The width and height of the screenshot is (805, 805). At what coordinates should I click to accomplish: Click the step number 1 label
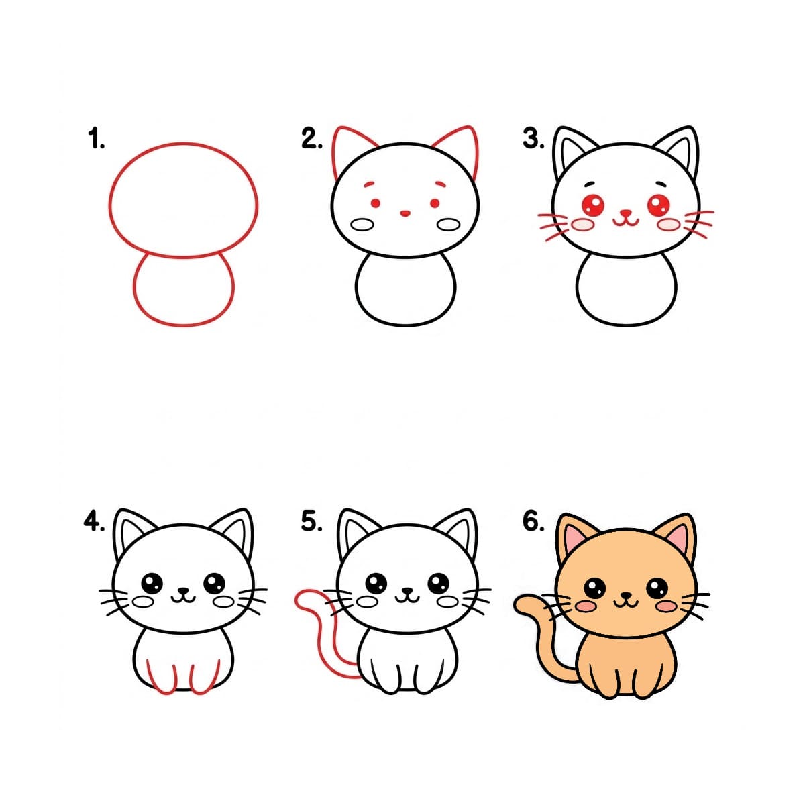tap(96, 140)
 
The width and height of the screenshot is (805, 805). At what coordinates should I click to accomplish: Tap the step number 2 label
tap(312, 139)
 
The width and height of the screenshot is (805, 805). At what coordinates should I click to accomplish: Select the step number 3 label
tap(533, 139)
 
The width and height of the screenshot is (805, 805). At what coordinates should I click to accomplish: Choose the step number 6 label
tap(533, 521)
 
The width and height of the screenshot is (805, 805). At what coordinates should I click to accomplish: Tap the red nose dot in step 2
tap(405, 214)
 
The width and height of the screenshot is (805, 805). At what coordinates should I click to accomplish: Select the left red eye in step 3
tap(594, 203)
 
